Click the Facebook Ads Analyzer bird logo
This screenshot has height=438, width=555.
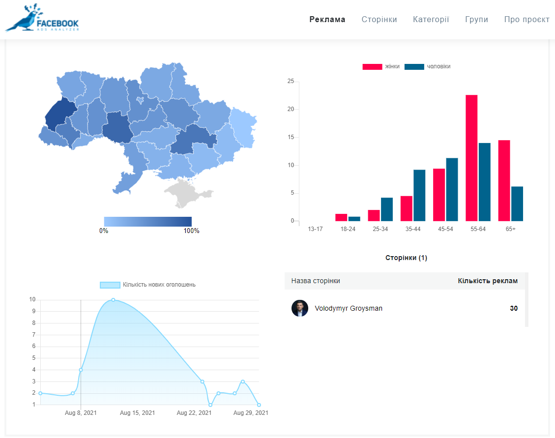point(41,19)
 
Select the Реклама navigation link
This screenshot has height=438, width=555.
point(327,20)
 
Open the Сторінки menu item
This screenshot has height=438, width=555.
point(379,20)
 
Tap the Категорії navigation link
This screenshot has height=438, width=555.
point(431,20)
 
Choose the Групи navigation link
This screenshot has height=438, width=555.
point(476,20)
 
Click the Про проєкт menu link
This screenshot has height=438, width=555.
point(526,20)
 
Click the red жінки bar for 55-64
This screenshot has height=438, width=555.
point(471,158)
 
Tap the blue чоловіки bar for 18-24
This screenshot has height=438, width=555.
point(354,219)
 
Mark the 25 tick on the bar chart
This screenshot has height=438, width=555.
point(291,82)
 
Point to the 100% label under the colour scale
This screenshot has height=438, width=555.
point(191,231)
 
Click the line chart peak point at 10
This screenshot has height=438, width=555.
point(113,300)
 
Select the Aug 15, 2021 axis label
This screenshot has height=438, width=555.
point(137,413)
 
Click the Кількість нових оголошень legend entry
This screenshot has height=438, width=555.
point(147,285)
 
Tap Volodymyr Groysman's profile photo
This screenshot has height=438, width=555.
point(300,308)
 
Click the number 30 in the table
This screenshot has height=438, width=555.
point(514,309)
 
